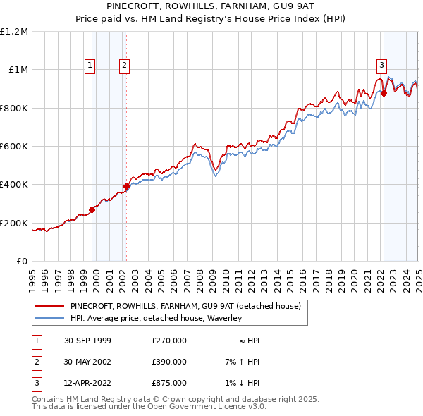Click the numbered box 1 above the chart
[x=90, y=66]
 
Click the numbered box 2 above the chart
[x=124, y=66]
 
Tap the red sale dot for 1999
[x=92, y=209]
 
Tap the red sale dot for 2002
[x=127, y=186]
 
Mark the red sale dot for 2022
[x=384, y=93]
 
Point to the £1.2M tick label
[x=14, y=32]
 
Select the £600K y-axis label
[x=14, y=147]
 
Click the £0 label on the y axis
[x=22, y=261]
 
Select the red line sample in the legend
[x=50, y=307]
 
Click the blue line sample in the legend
[x=50, y=319]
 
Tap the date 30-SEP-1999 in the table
[x=87, y=341]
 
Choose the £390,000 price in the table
[x=169, y=362]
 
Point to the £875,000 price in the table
[x=169, y=384]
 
